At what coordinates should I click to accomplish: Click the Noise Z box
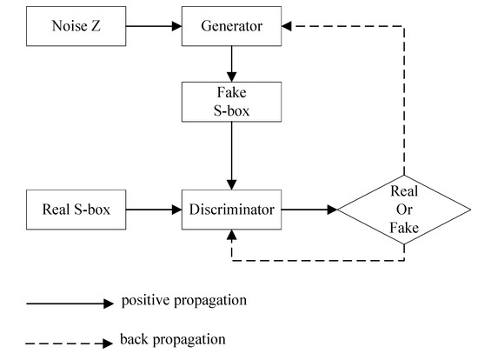point(77,26)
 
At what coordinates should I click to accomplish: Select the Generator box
point(231,26)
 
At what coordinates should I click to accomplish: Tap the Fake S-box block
point(231,101)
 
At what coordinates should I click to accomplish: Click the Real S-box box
point(77,210)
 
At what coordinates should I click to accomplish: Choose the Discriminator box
point(231,210)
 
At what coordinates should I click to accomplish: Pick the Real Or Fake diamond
point(404,210)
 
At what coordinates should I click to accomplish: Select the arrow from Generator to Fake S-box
point(231,63)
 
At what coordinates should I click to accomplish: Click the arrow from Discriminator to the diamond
point(309,210)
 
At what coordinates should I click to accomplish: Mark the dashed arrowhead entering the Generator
point(289,26)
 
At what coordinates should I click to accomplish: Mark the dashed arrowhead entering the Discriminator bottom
point(231,235)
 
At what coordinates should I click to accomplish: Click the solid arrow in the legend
point(70,303)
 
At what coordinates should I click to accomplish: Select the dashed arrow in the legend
point(70,341)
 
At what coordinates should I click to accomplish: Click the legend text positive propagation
point(184,301)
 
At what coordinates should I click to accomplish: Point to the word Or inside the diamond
point(404,210)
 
